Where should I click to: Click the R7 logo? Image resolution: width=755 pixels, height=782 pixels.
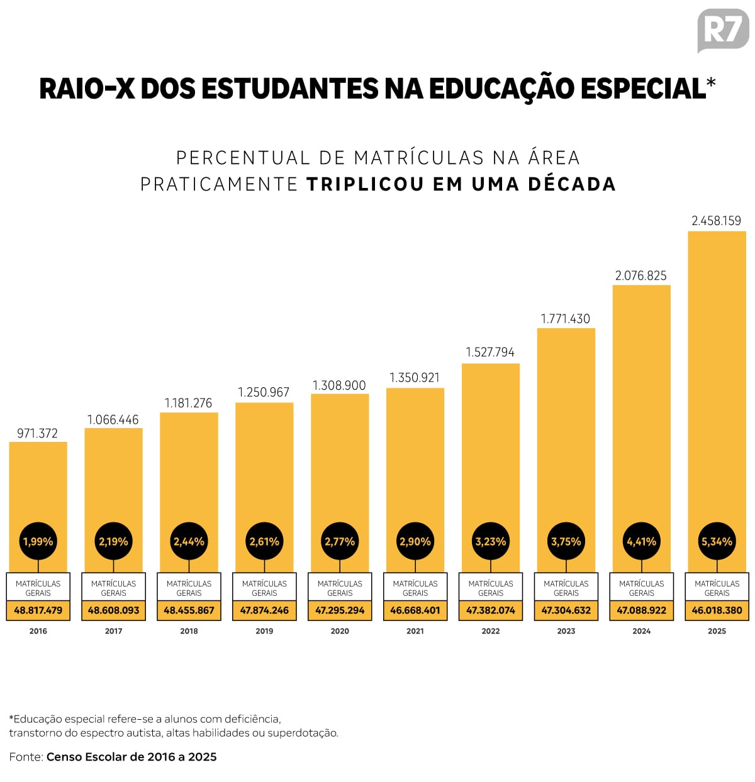tap(723, 30)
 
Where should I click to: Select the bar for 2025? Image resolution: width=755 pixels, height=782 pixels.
tap(717, 377)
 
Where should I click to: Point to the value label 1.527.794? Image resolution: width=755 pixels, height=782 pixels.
tap(490, 352)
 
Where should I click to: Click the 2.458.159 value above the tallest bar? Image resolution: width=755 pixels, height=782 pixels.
tap(716, 221)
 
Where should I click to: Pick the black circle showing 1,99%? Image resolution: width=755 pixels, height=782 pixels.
tap(38, 541)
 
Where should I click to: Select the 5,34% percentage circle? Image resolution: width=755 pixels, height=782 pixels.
tap(717, 541)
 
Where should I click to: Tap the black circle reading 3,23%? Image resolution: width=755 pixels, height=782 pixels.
tap(491, 541)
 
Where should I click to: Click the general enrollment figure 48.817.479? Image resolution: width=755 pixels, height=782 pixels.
tap(38, 610)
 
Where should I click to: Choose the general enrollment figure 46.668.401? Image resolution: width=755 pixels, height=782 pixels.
tap(415, 610)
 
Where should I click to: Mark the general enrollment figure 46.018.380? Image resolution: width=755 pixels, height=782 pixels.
tap(717, 610)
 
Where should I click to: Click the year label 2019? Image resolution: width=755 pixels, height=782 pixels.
tap(264, 631)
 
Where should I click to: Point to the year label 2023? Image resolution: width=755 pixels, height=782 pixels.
tap(566, 631)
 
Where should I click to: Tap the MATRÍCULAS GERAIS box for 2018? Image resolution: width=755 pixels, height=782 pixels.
tap(189, 588)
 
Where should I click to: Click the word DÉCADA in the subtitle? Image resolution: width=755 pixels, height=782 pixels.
tap(572, 184)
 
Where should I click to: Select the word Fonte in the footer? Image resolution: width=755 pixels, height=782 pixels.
tap(26, 757)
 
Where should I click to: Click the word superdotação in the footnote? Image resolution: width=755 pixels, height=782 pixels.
tap(303, 733)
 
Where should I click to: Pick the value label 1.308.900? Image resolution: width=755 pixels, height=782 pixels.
tap(339, 385)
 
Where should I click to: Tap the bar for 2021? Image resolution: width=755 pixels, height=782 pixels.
tap(415, 459)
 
